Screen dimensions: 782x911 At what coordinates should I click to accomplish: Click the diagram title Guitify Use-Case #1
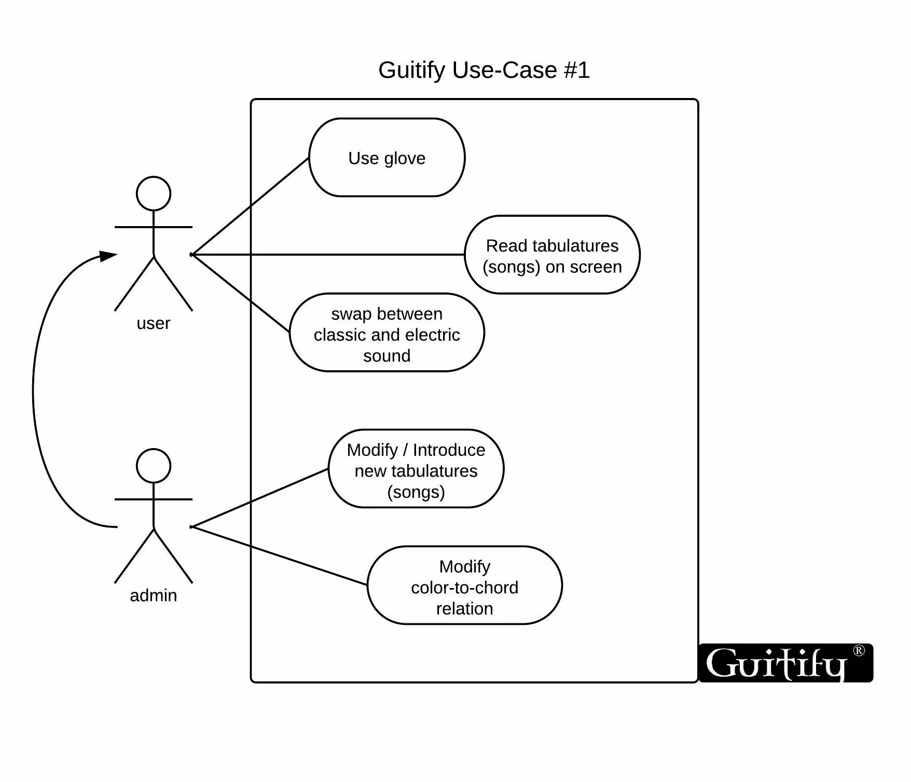click(484, 70)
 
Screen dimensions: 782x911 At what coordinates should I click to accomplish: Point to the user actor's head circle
click(154, 193)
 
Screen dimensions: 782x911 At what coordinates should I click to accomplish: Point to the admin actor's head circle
click(154, 466)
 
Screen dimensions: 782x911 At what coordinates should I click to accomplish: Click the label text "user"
click(153, 323)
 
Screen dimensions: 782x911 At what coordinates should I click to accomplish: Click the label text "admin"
click(153, 595)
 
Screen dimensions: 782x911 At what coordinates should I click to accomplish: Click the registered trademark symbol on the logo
click(859, 650)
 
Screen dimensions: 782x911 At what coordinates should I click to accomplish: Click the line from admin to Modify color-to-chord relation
click(280, 556)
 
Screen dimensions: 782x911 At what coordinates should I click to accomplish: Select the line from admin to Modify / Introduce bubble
click(259, 498)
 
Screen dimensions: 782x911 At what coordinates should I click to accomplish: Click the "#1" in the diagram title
click(577, 70)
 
